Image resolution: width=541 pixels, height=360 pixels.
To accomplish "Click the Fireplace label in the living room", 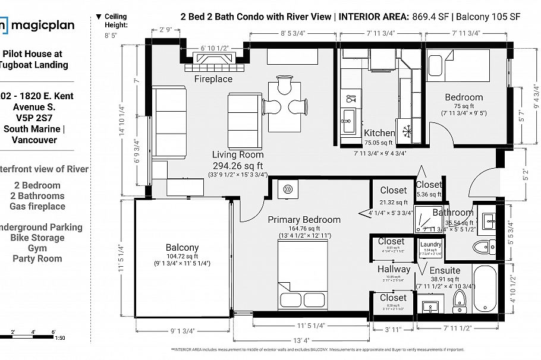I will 213,79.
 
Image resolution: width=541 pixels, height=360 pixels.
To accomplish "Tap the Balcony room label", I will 182,247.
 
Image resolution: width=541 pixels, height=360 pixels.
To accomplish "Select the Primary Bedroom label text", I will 304,220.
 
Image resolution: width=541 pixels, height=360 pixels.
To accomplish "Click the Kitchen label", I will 379,133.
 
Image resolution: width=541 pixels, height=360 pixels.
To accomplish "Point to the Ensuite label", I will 445,270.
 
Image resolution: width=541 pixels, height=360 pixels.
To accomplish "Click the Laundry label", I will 430,244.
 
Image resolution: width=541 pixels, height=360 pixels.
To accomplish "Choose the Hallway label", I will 394,269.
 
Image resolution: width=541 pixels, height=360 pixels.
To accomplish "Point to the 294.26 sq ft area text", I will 237,166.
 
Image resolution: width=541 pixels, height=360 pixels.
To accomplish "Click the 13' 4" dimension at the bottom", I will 301,341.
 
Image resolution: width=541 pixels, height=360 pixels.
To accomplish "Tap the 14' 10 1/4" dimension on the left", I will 122,121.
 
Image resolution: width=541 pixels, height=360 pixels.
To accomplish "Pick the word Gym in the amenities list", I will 37,248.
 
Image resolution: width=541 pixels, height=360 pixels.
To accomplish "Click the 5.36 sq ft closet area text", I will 429,194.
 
